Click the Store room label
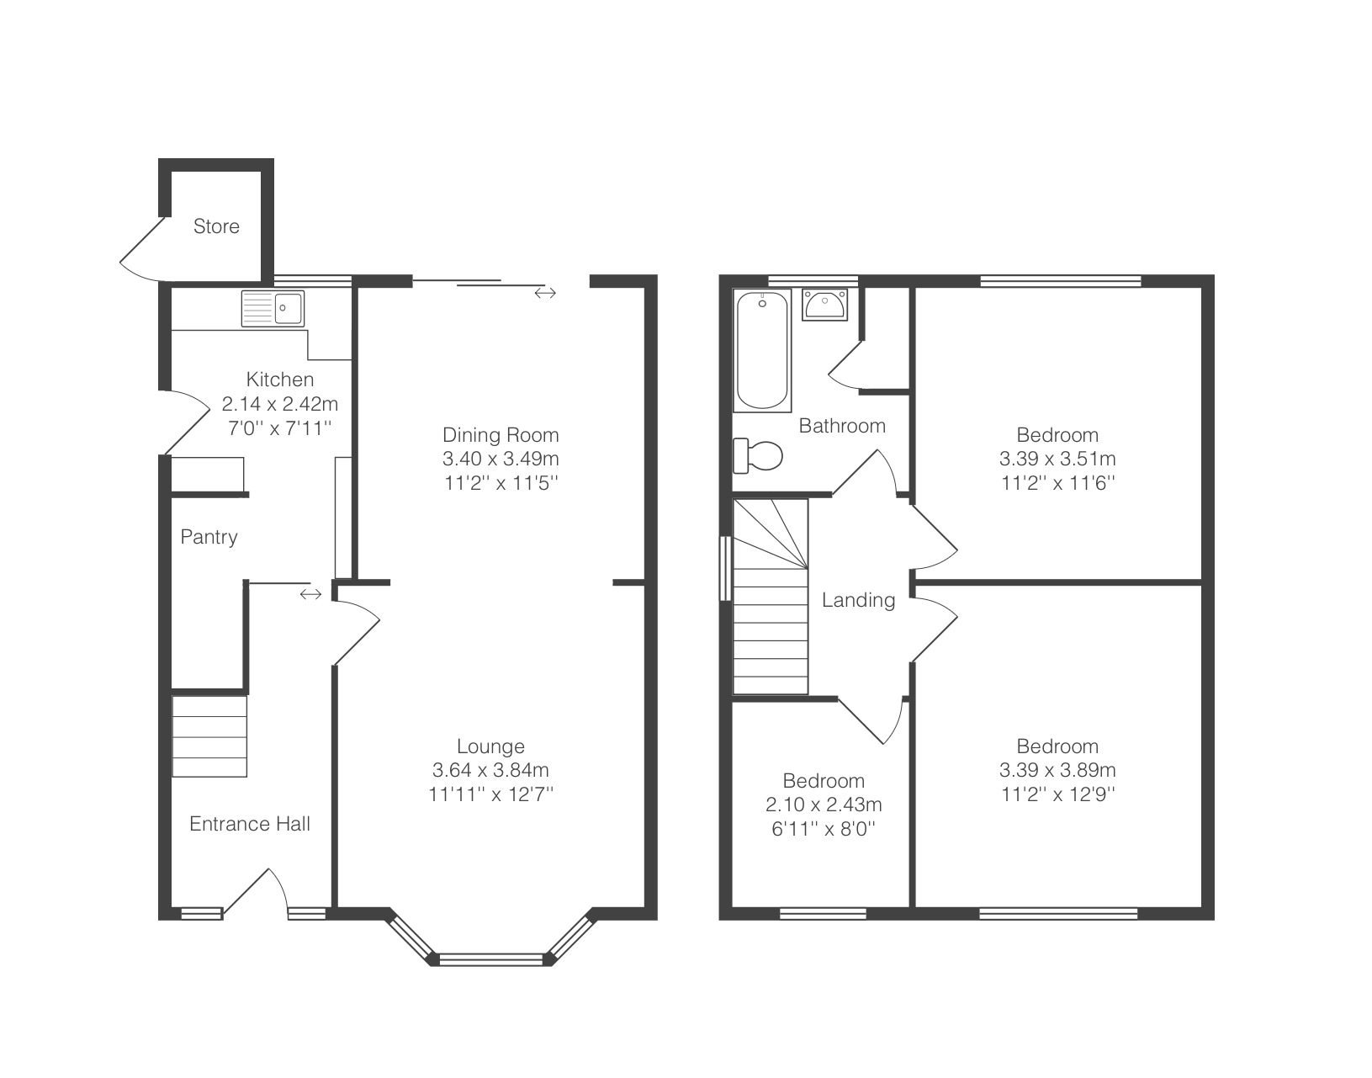click(216, 226)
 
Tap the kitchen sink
click(273, 308)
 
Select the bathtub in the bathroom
click(762, 350)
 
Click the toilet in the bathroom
click(758, 455)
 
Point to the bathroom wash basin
click(824, 305)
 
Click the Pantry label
click(209, 537)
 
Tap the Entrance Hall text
click(249, 824)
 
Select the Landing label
click(858, 600)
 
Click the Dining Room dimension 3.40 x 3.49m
click(501, 459)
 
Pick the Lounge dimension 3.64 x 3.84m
click(490, 770)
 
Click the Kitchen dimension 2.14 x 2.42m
click(280, 404)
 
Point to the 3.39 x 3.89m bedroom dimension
click(1057, 770)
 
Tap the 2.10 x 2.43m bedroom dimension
click(824, 805)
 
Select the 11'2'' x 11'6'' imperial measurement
click(1057, 483)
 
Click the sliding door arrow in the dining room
click(545, 292)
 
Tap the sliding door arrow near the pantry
click(310, 593)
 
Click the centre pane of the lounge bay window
click(491, 959)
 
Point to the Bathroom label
click(842, 426)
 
